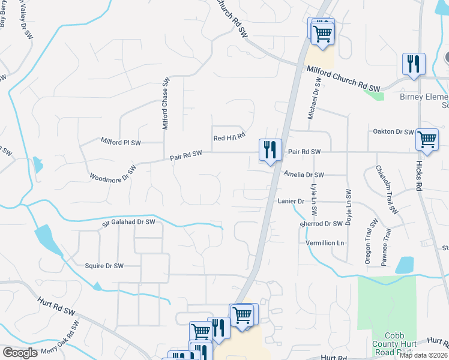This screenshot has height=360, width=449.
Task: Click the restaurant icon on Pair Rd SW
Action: pos(270,149)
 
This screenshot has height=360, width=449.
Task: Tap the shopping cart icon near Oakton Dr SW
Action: pos(426,140)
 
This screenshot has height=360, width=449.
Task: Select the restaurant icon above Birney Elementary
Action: pos(413,64)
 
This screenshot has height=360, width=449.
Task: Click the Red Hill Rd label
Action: pos(230,137)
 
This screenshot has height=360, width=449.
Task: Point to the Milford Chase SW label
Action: pos(166,103)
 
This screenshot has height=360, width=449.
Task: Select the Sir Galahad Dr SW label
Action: pos(128,222)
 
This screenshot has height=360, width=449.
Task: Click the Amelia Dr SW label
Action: pos(304,175)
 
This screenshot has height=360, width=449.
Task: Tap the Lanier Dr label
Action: pos(291,201)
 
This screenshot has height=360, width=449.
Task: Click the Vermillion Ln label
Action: pos(325,243)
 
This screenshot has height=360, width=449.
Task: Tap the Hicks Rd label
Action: pos(420,178)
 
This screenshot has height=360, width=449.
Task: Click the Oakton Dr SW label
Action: pos(393,132)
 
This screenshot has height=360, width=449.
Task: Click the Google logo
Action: pos(20,353)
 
